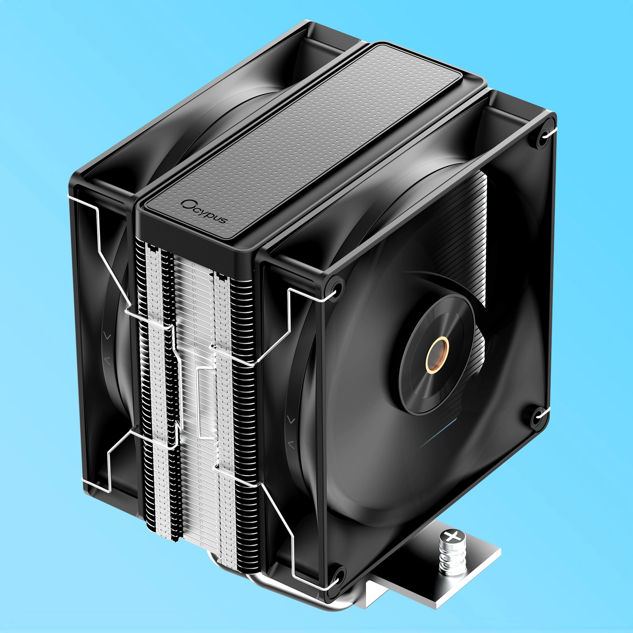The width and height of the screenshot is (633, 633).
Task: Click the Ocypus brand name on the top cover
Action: tap(205, 211)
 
